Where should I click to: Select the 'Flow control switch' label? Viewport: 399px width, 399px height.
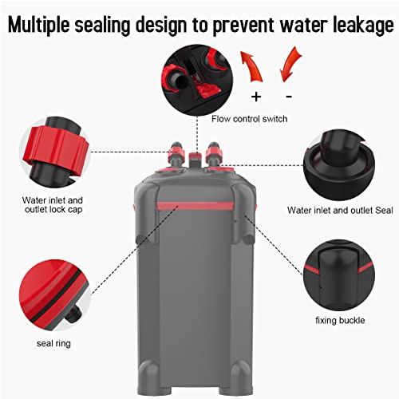(251, 120)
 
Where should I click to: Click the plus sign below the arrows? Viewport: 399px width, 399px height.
(255, 96)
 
